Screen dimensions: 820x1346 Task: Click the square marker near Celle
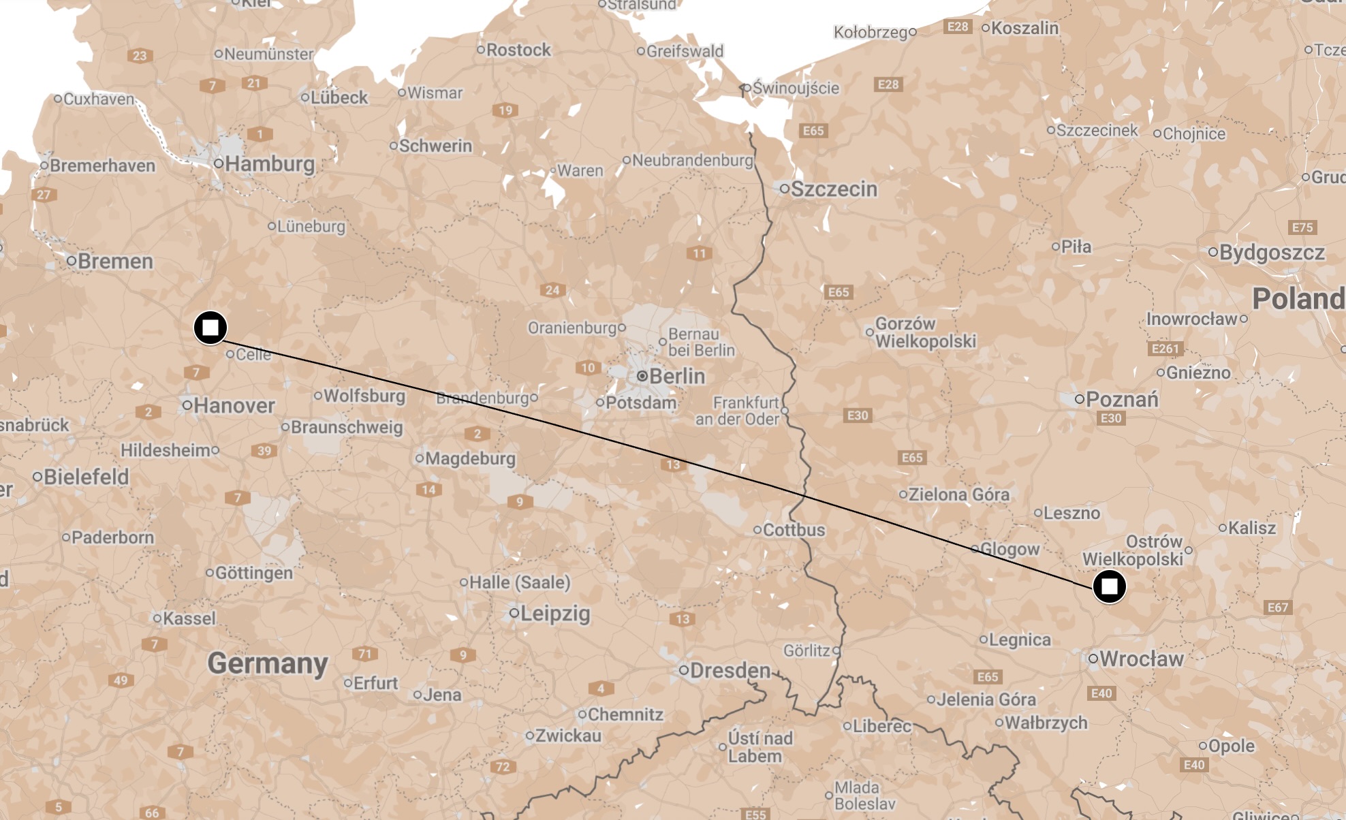tap(210, 328)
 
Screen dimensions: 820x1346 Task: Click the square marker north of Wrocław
tap(1110, 586)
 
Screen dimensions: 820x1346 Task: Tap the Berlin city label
tap(676, 376)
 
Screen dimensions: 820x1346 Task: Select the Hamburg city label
tap(269, 163)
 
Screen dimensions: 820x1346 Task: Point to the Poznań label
tap(1121, 399)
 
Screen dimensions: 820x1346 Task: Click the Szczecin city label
tap(834, 189)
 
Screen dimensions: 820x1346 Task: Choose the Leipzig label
tap(554, 613)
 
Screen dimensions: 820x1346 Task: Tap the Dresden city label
tap(730, 670)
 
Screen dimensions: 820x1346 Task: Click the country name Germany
tap(268, 663)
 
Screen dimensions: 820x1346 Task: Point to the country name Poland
tap(1298, 298)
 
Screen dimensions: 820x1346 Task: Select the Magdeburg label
tap(470, 458)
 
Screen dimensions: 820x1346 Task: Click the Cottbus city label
tap(794, 530)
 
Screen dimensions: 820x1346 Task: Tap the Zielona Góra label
tap(958, 494)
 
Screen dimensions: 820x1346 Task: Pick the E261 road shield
tap(1165, 349)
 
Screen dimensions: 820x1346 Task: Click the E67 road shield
tap(1277, 608)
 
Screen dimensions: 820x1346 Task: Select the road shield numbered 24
tap(552, 290)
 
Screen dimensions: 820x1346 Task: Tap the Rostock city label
tap(518, 50)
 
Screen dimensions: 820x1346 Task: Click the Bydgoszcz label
tap(1271, 252)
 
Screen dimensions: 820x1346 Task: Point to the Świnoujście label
tap(795, 88)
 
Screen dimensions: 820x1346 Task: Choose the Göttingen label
tap(253, 573)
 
